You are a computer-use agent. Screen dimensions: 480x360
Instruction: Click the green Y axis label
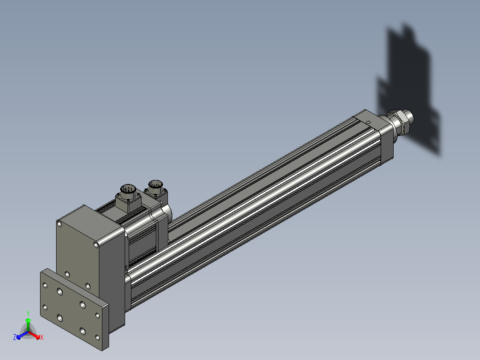pyautogui.click(x=28, y=313)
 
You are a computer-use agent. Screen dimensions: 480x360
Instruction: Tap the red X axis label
pyautogui.click(x=42, y=337)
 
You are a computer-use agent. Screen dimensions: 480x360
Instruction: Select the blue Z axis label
pyautogui.click(x=14, y=337)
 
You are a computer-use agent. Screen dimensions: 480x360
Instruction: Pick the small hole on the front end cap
pyautogui.click(x=368, y=123)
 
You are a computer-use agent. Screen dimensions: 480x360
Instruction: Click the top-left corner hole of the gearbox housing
pyautogui.click(x=60, y=224)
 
